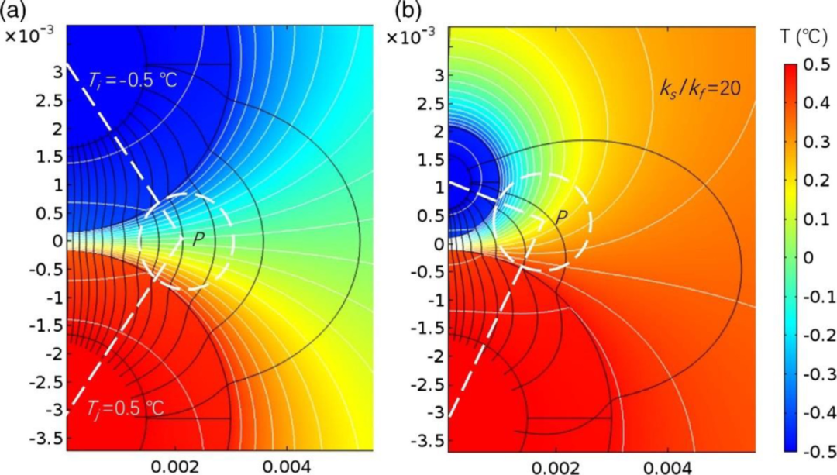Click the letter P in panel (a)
[x=198, y=240]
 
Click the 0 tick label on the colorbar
[x=812, y=258]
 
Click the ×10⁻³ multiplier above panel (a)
[x=27, y=36]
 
